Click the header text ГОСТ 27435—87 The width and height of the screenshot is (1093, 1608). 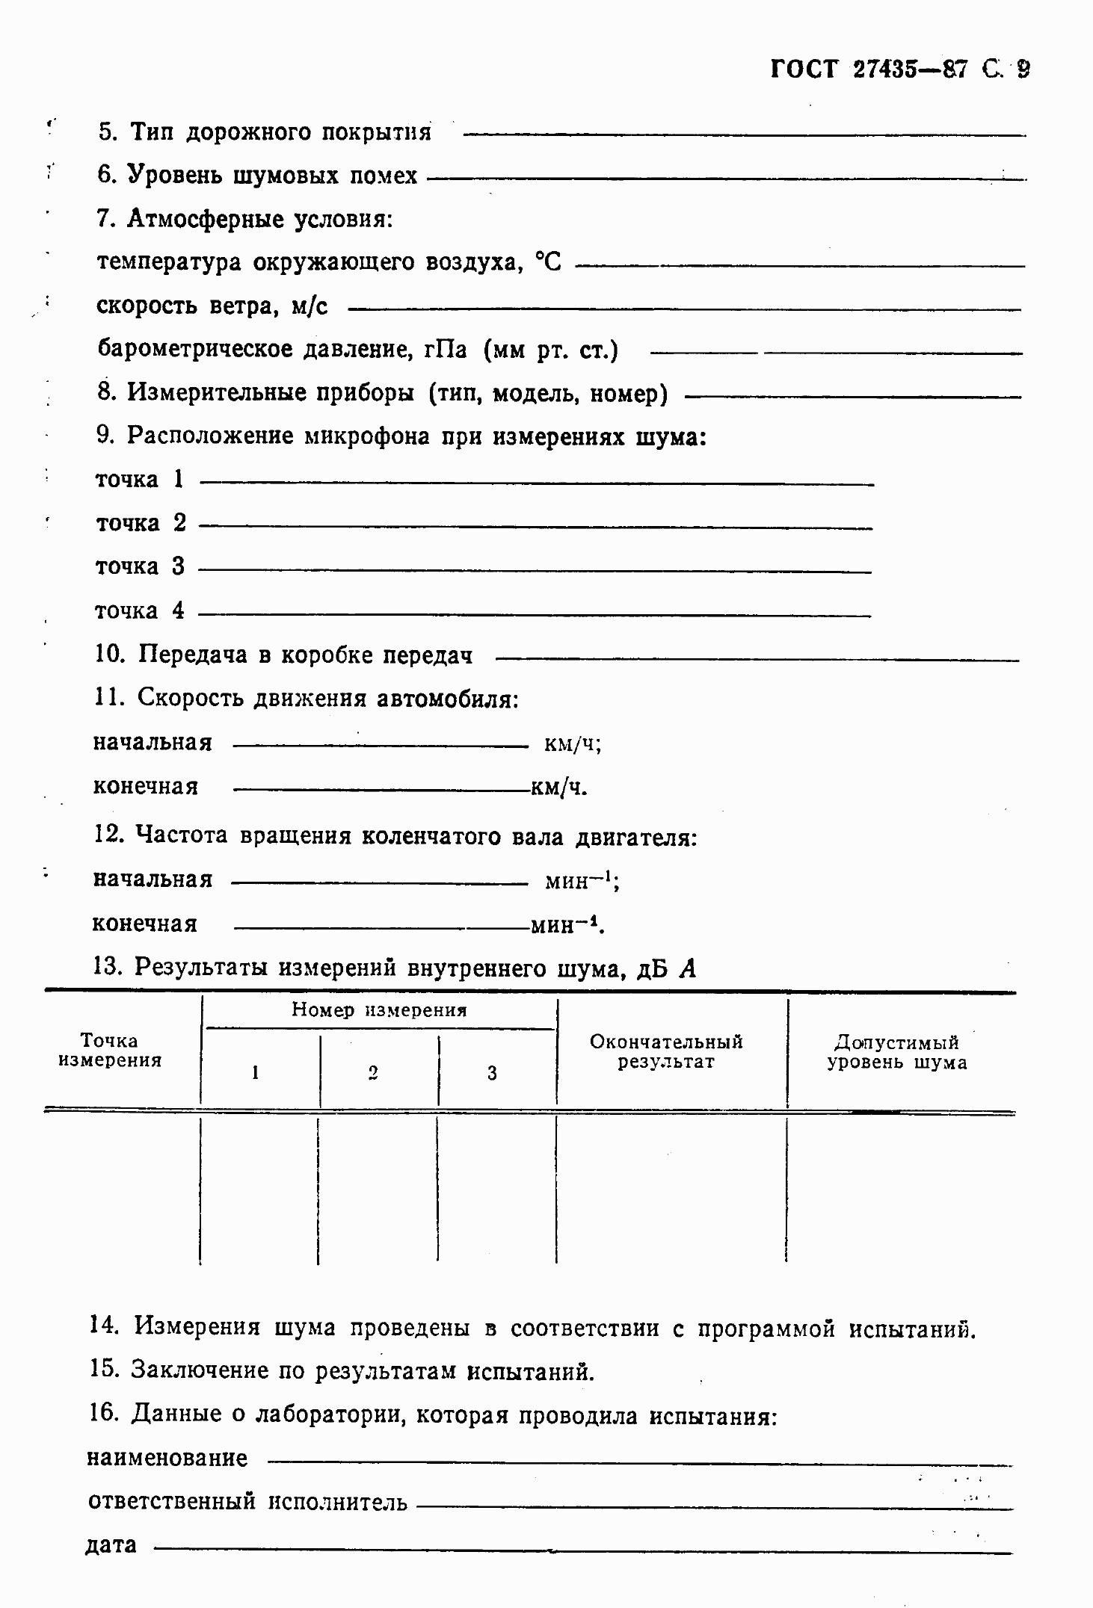coord(868,69)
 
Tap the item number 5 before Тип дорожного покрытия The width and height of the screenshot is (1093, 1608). coord(108,132)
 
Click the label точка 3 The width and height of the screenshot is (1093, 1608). coord(140,566)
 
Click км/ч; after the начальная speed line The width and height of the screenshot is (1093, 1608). coord(573,743)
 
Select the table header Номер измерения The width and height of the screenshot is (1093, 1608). coord(379,1010)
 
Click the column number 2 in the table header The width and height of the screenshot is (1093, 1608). coord(373,1073)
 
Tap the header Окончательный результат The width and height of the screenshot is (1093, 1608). coord(666,1051)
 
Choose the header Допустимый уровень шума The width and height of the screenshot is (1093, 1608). coord(896,1052)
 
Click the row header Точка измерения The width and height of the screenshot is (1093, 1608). coord(110,1051)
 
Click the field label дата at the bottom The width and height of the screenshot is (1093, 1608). coord(111,1544)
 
